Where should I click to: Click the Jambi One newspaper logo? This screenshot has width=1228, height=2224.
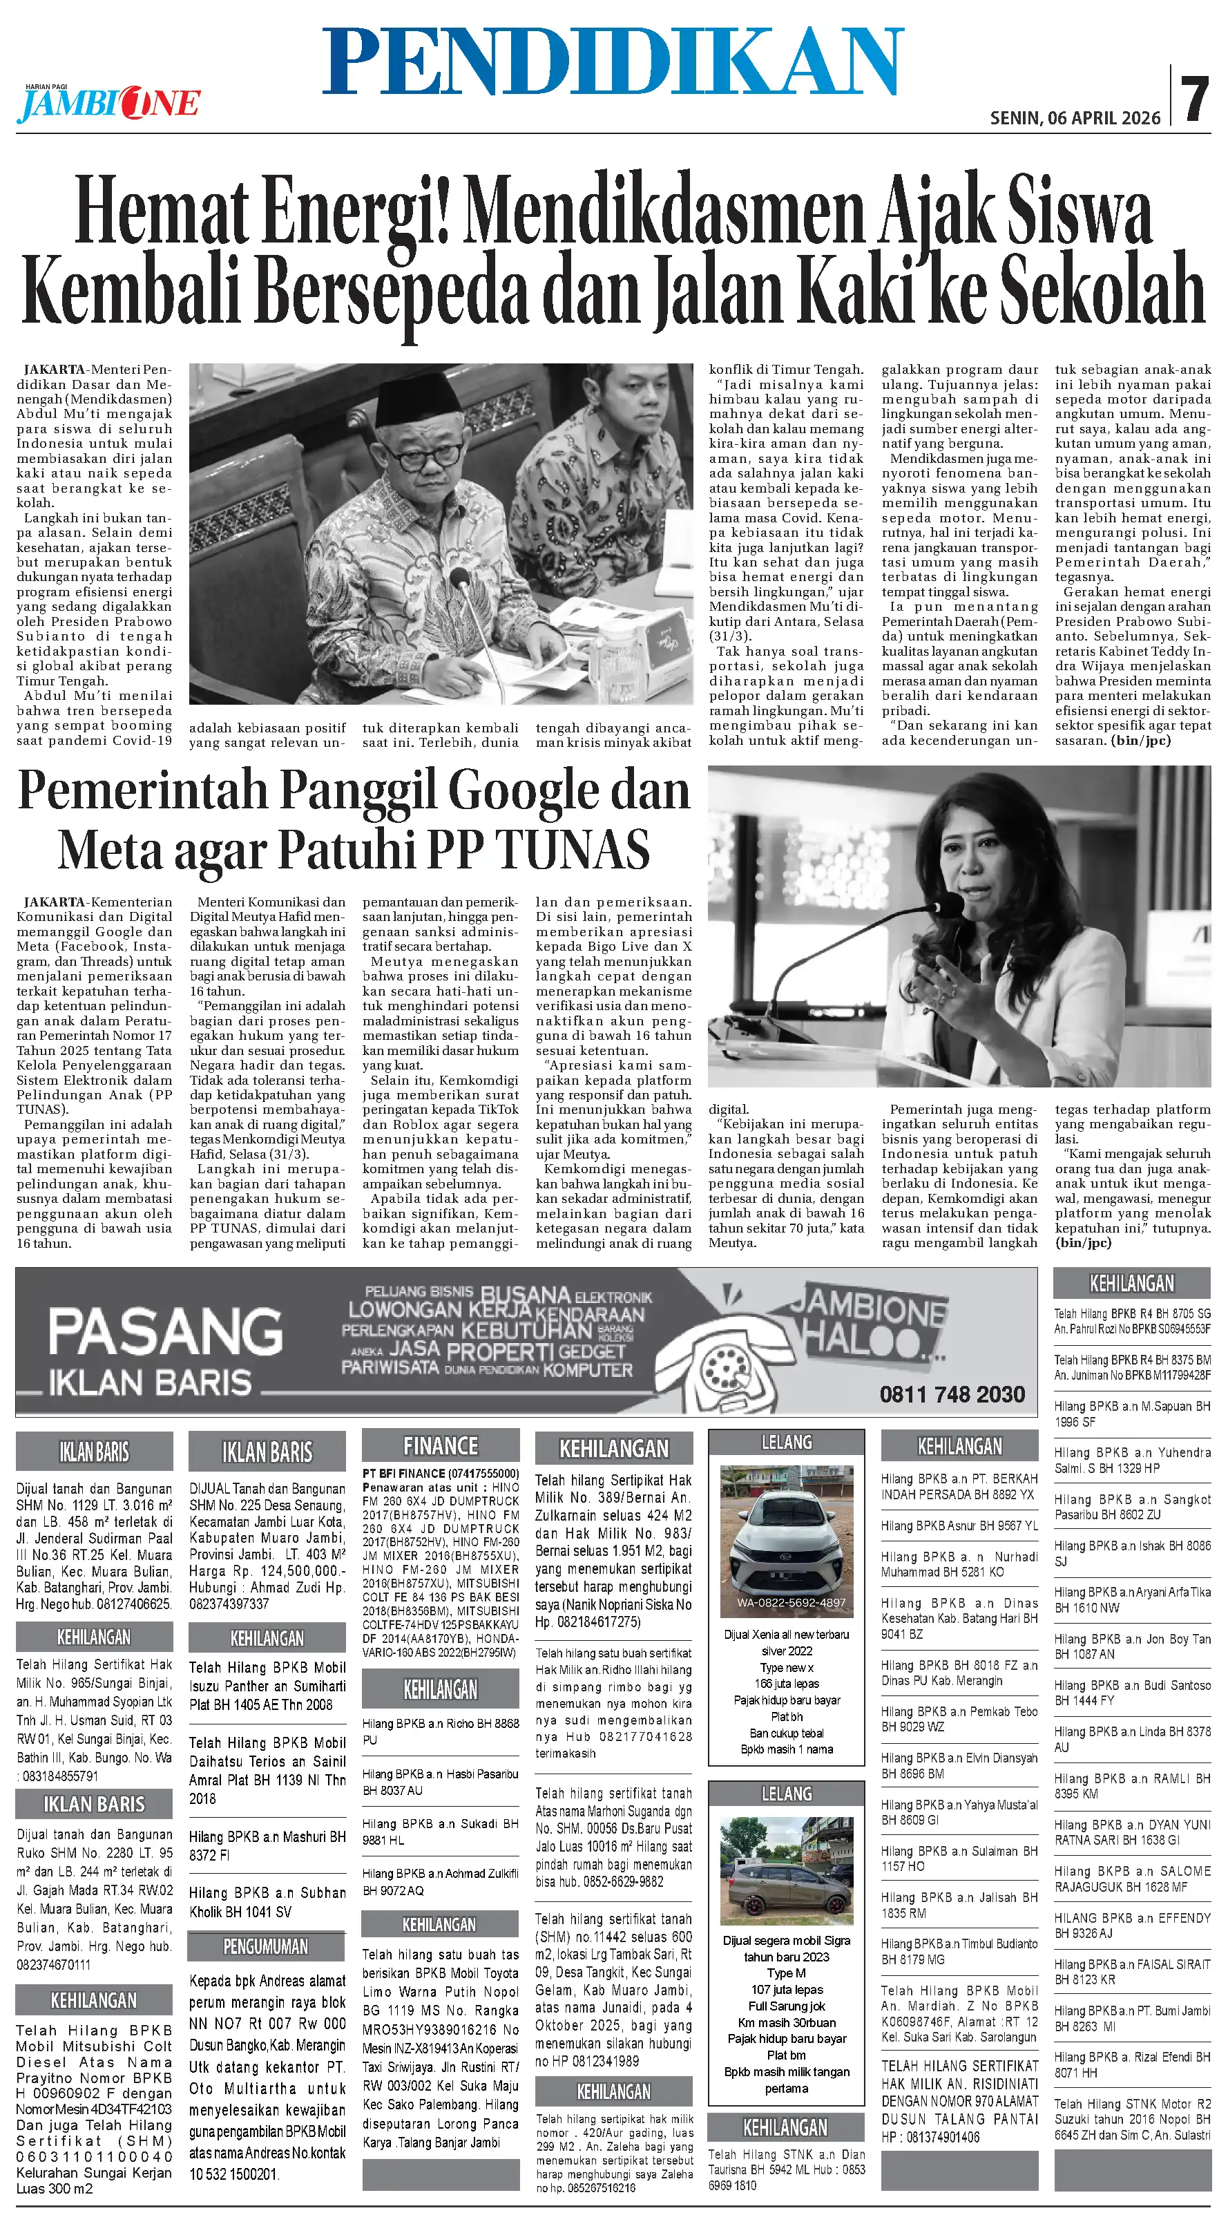108,104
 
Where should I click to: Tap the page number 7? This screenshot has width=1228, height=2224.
1196,100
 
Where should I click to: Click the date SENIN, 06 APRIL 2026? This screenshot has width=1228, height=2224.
1075,118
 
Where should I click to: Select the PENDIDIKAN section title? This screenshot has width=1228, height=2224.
613,61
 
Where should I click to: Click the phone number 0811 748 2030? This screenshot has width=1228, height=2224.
952,1394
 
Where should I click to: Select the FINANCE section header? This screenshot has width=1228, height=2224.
440,1445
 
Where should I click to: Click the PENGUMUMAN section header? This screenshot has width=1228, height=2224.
266,1947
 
